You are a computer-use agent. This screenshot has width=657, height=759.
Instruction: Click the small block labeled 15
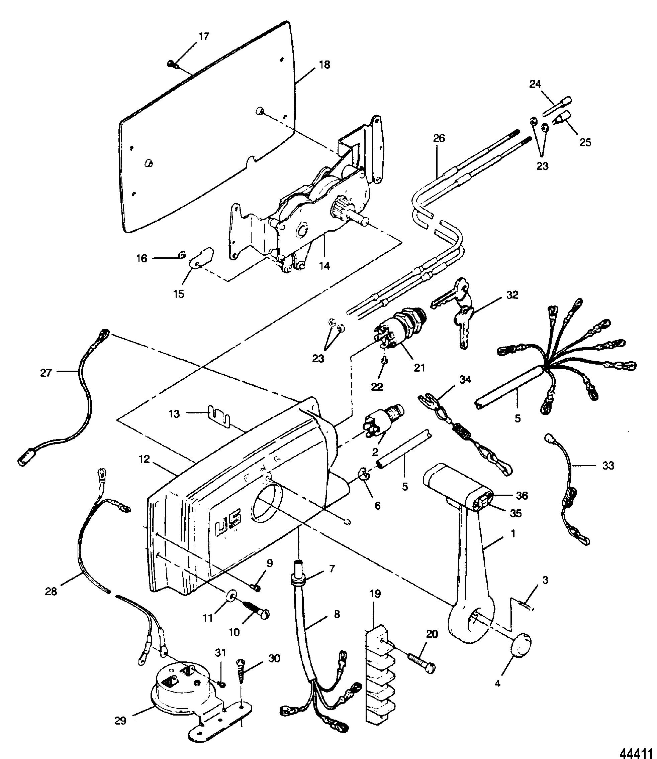pos(201,258)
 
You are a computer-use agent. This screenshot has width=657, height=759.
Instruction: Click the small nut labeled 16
pos(182,255)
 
